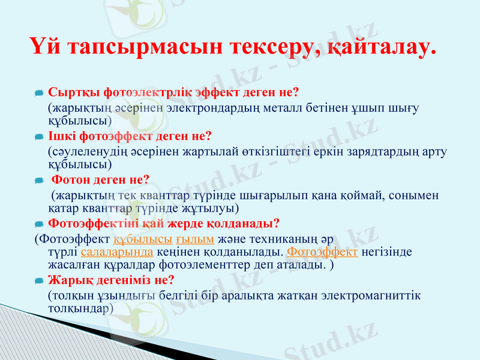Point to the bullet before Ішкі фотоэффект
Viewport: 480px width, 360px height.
(38, 137)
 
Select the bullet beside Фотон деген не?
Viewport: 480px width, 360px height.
(38, 181)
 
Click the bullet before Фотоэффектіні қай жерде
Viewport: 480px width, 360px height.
(38, 224)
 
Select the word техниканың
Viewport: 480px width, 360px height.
(281, 239)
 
